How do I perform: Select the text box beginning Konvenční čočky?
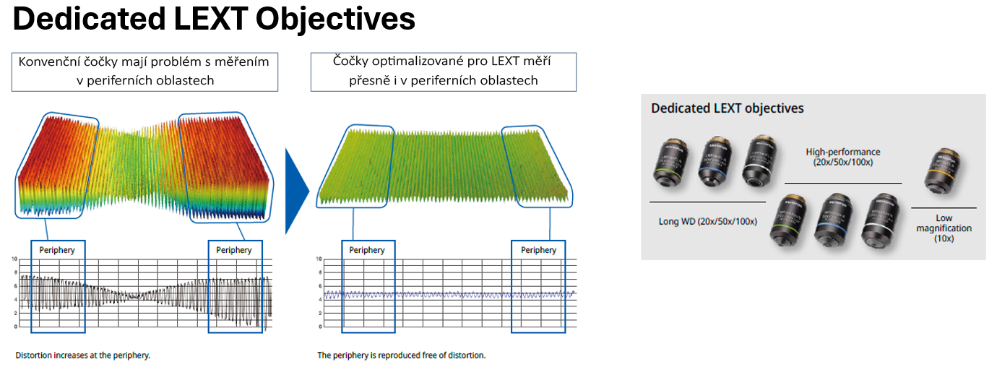144,71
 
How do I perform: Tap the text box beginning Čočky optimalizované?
444,71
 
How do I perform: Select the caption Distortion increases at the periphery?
83,356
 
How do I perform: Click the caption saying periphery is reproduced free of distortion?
402,356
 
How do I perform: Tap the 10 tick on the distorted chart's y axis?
14,258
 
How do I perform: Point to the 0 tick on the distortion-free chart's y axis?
319,327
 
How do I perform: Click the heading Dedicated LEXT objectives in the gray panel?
727,108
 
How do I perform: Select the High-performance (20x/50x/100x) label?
843,157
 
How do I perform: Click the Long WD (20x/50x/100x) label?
708,221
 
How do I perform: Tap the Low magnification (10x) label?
944,228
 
